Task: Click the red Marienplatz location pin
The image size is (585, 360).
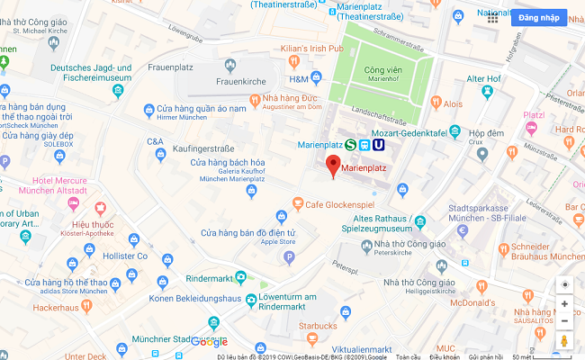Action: (333, 166)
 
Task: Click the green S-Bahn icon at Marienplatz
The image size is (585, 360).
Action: (350, 144)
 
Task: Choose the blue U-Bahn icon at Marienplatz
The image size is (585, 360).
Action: (379, 144)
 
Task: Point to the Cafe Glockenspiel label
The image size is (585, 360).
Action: (339, 203)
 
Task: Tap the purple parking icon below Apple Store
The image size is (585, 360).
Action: (289, 257)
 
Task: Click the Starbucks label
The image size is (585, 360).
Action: (318, 325)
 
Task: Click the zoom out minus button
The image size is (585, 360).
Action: (564, 320)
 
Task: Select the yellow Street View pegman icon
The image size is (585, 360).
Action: (564, 342)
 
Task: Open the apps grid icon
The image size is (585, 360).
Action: (493, 18)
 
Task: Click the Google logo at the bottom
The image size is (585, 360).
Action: (209, 342)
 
